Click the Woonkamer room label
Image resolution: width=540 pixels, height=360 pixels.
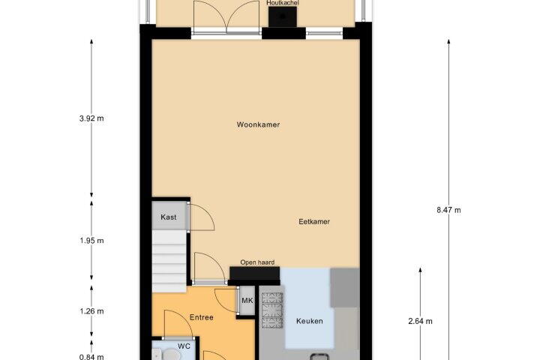click(x=258, y=124)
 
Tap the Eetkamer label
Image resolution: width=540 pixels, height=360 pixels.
click(x=314, y=221)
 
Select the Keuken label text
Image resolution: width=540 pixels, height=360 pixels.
click(x=310, y=321)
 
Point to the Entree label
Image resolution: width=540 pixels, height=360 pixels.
click(x=202, y=317)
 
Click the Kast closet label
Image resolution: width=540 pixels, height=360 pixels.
click(x=169, y=217)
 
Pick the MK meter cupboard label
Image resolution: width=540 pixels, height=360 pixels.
click(x=247, y=301)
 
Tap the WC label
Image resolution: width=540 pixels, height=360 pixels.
click(x=184, y=346)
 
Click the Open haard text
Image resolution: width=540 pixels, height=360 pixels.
click(x=257, y=262)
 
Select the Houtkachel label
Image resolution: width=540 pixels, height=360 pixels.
click(x=283, y=3)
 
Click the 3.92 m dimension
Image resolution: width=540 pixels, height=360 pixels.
click(x=91, y=118)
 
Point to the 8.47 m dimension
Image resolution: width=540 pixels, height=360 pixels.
click(x=448, y=210)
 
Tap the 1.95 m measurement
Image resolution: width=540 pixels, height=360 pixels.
click(x=91, y=241)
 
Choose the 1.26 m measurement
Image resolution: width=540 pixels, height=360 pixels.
click(x=91, y=311)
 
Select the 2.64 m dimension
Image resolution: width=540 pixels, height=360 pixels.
click(x=420, y=321)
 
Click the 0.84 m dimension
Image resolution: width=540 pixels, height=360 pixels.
click(x=91, y=357)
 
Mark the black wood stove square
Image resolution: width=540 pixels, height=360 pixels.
click(x=283, y=16)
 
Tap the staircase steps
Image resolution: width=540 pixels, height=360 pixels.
click(x=169, y=262)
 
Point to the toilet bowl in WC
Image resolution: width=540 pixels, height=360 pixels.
click(x=170, y=355)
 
